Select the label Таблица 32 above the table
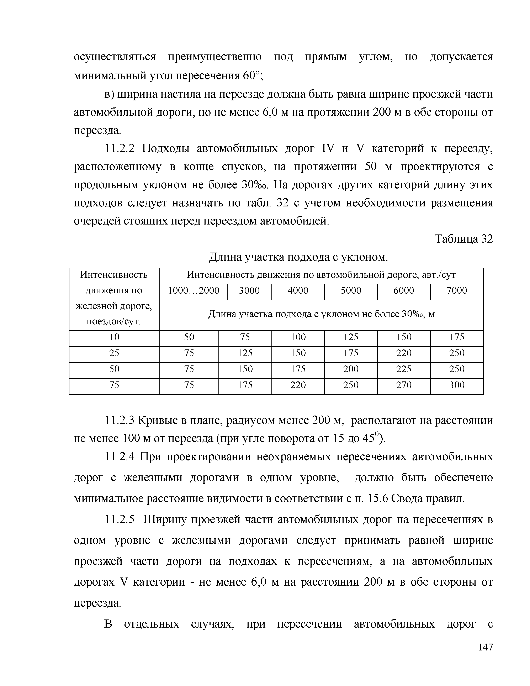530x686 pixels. pos(463,239)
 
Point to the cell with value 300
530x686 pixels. pos(457,385)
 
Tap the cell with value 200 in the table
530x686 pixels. pos(351,369)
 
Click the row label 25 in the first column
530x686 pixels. pos(114,353)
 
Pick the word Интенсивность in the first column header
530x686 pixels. pos(114,275)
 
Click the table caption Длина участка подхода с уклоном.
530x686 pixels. pos(298,257)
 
